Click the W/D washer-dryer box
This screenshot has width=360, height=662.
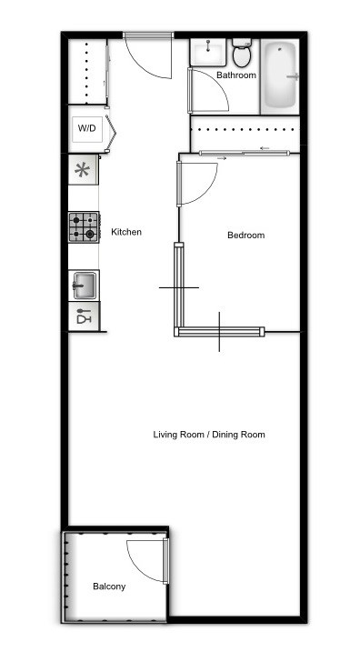[x=86, y=128]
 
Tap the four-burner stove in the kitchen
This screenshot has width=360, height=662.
[x=84, y=227]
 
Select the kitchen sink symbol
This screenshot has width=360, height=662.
[x=84, y=286]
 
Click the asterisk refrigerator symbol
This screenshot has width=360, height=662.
[x=83, y=170]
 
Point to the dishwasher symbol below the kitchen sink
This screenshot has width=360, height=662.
[x=84, y=317]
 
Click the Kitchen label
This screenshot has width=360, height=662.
[x=126, y=233]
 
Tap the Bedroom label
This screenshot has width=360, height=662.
[x=245, y=236]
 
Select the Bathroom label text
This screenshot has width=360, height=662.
[x=235, y=75]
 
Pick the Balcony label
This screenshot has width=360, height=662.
[x=109, y=587]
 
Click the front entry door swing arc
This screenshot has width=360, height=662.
[x=145, y=62]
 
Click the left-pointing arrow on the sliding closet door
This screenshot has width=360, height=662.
[x=265, y=148]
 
